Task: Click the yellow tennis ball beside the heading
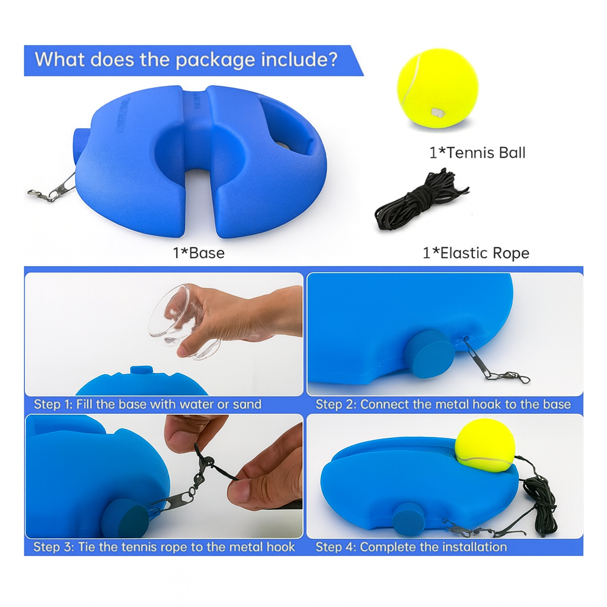(437, 88)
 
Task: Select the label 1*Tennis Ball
(477, 153)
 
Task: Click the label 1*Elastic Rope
(475, 253)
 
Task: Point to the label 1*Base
(199, 253)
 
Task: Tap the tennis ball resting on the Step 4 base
(485, 445)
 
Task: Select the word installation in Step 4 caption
(468, 547)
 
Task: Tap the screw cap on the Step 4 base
(408, 517)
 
